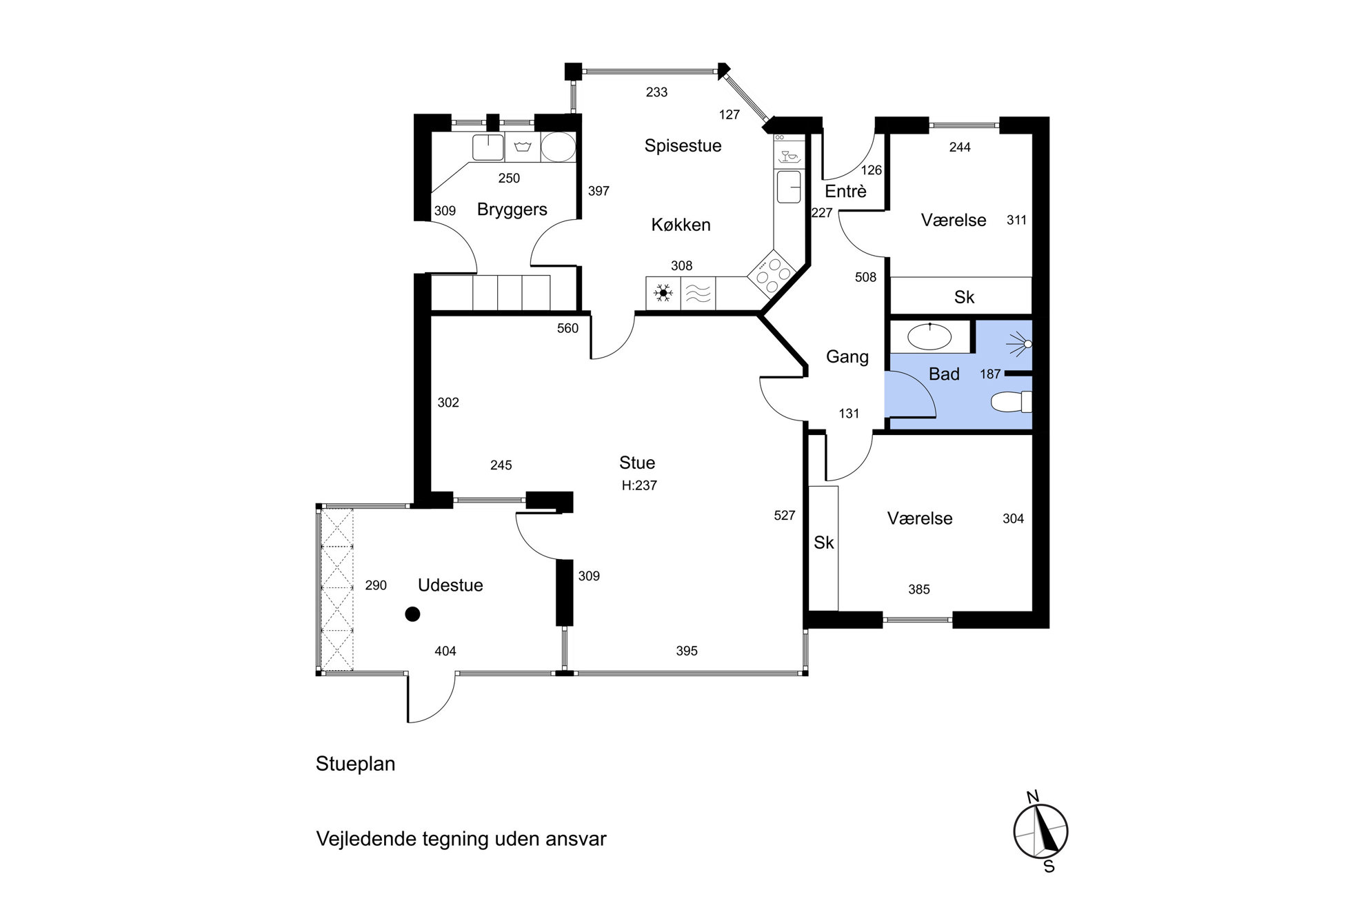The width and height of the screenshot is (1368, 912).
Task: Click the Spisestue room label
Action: [683, 146]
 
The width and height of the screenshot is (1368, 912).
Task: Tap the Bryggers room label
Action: [512, 210]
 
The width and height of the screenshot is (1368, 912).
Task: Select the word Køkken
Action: [681, 225]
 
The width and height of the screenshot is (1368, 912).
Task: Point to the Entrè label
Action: [845, 191]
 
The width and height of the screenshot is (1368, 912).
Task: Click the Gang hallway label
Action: [847, 357]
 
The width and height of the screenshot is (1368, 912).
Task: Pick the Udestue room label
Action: [450, 585]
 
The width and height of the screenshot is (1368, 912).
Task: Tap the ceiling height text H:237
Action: [639, 485]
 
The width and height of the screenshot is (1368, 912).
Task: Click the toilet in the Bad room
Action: [1012, 402]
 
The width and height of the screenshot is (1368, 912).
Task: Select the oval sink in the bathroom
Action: [929, 336]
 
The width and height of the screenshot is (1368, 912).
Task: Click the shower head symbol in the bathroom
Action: [1020, 344]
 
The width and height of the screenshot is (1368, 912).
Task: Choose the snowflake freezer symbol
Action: [663, 294]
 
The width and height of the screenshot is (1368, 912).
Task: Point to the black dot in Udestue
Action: [412, 614]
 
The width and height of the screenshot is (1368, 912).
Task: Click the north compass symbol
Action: [1040, 831]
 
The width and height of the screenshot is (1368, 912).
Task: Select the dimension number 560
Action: [567, 329]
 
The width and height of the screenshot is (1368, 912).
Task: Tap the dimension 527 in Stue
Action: [785, 516]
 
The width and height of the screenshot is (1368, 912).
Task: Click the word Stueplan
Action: [355, 764]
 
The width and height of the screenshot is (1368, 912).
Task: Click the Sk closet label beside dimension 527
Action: [823, 543]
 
